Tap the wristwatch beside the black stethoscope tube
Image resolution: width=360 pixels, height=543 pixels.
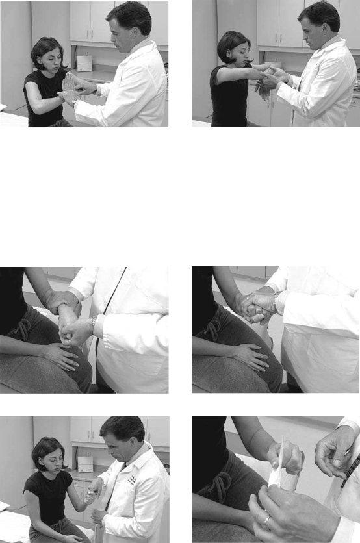95,321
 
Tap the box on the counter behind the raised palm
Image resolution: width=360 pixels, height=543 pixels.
84,62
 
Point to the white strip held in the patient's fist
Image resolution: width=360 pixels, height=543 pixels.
281,471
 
